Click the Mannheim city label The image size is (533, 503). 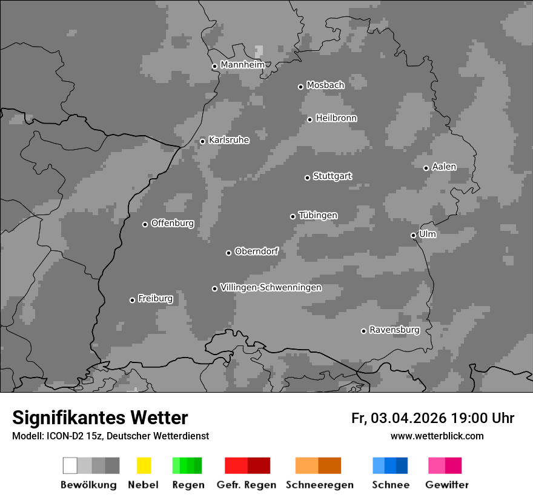tap(243, 65)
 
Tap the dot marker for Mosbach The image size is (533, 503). tap(300, 87)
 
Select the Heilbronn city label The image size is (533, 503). tap(336, 118)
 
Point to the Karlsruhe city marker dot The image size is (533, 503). tap(202, 141)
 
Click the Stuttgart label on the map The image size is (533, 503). tap(332, 176)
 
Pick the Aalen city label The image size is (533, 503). tap(444, 167)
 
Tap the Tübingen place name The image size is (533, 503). tap(318, 216)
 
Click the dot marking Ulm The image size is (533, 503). tap(413, 235)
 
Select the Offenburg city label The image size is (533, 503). tap(173, 223)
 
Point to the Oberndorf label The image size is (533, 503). tap(256, 252)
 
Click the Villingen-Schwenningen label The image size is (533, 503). tap(271, 287)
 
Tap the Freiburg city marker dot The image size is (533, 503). tap(132, 300)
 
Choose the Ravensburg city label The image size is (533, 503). tap(394, 330)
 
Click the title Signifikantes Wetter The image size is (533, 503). tap(100, 418)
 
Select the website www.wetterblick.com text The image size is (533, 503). tap(437, 436)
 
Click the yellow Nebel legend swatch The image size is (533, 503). tap(144, 465)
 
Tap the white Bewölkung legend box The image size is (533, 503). tap(70, 465)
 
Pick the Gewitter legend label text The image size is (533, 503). tap(447, 485)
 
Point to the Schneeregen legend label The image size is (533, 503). tap(320, 485)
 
